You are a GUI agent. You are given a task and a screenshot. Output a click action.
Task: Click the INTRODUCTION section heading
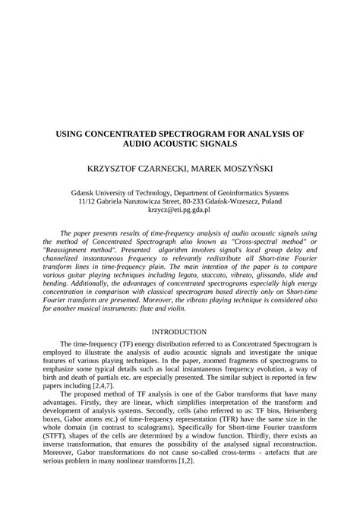point(179,332)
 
